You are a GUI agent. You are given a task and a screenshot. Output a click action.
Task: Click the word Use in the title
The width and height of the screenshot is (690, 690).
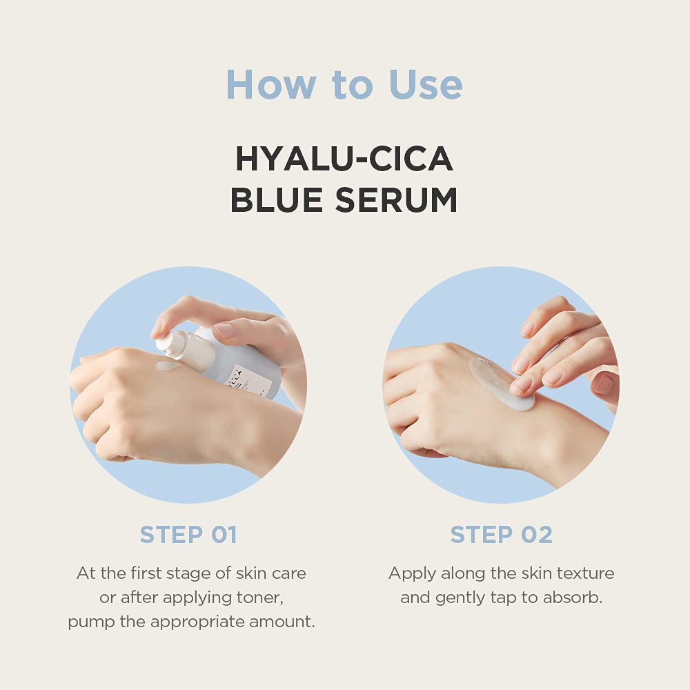(x=426, y=85)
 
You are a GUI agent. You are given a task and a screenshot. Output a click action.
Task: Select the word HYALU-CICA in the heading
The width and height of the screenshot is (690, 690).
(x=344, y=159)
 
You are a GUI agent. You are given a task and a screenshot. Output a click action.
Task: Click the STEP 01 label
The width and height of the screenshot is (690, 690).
(x=188, y=535)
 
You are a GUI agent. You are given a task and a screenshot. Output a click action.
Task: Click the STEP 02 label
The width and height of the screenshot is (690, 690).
(x=502, y=535)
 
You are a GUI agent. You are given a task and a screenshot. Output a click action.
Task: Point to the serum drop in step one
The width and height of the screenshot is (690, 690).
(x=167, y=366)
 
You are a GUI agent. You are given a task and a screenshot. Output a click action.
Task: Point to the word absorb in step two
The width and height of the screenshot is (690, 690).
(x=575, y=598)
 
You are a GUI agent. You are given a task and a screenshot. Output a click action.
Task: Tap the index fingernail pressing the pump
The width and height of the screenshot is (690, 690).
(x=225, y=331)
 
